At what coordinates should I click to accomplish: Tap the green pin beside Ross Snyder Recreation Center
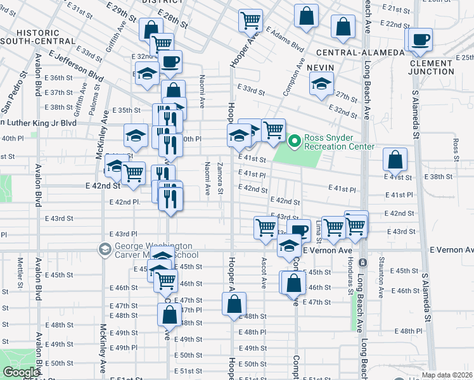click(294, 141)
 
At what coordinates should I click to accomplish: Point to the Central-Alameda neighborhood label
click(359, 52)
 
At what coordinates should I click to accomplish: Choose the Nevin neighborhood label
click(321, 66)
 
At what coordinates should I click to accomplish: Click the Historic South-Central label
click(38, 36)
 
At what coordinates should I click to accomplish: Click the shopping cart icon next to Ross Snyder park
click(273, 130)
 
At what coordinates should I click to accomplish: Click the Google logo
click(20, 372)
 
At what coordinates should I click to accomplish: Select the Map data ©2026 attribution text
click(447, 375)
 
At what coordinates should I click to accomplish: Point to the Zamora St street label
click(220, 178)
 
